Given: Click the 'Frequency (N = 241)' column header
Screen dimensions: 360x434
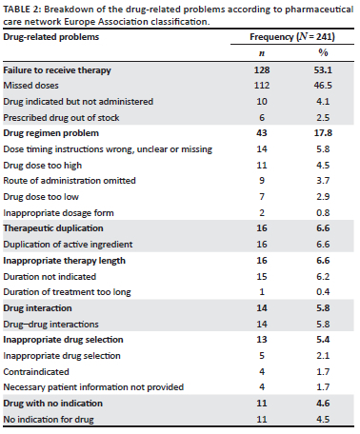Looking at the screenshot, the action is pos(292,37).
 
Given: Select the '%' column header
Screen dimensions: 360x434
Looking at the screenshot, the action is pos(323,52).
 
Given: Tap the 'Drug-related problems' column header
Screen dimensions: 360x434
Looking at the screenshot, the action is pos(51,37).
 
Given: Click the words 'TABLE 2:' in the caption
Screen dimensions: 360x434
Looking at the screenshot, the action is pos(22,10).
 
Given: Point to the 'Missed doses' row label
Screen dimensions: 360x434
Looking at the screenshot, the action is pos(30,86).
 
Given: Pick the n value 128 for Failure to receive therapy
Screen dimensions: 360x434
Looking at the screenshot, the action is pos(262,69).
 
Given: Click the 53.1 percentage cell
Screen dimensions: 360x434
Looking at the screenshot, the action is pos(323,69).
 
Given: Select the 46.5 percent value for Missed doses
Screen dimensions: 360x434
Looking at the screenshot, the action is pos(323,86).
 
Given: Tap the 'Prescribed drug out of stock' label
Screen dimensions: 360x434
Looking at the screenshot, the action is pos(61,118).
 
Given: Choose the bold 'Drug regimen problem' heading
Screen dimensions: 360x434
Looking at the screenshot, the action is pos(50,133).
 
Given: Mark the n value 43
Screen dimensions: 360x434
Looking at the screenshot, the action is pos(262,133).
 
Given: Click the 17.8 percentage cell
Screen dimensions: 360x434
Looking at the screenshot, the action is pos(323,133).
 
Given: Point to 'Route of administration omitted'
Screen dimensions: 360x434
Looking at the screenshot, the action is pos(70,181).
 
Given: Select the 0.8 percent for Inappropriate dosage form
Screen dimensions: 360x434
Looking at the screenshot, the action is pos(323,212).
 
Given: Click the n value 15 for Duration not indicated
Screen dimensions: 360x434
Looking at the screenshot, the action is pos(262,277).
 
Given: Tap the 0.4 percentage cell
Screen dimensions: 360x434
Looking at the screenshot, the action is pos(323,292).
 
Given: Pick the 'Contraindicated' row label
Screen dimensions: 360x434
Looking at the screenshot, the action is pos(36,372).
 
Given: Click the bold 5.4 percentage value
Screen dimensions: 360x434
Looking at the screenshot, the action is pos(323,340).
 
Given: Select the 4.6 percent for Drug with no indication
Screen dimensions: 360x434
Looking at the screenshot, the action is pos(323,404).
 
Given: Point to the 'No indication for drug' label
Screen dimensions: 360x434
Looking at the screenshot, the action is pos(49,420).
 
